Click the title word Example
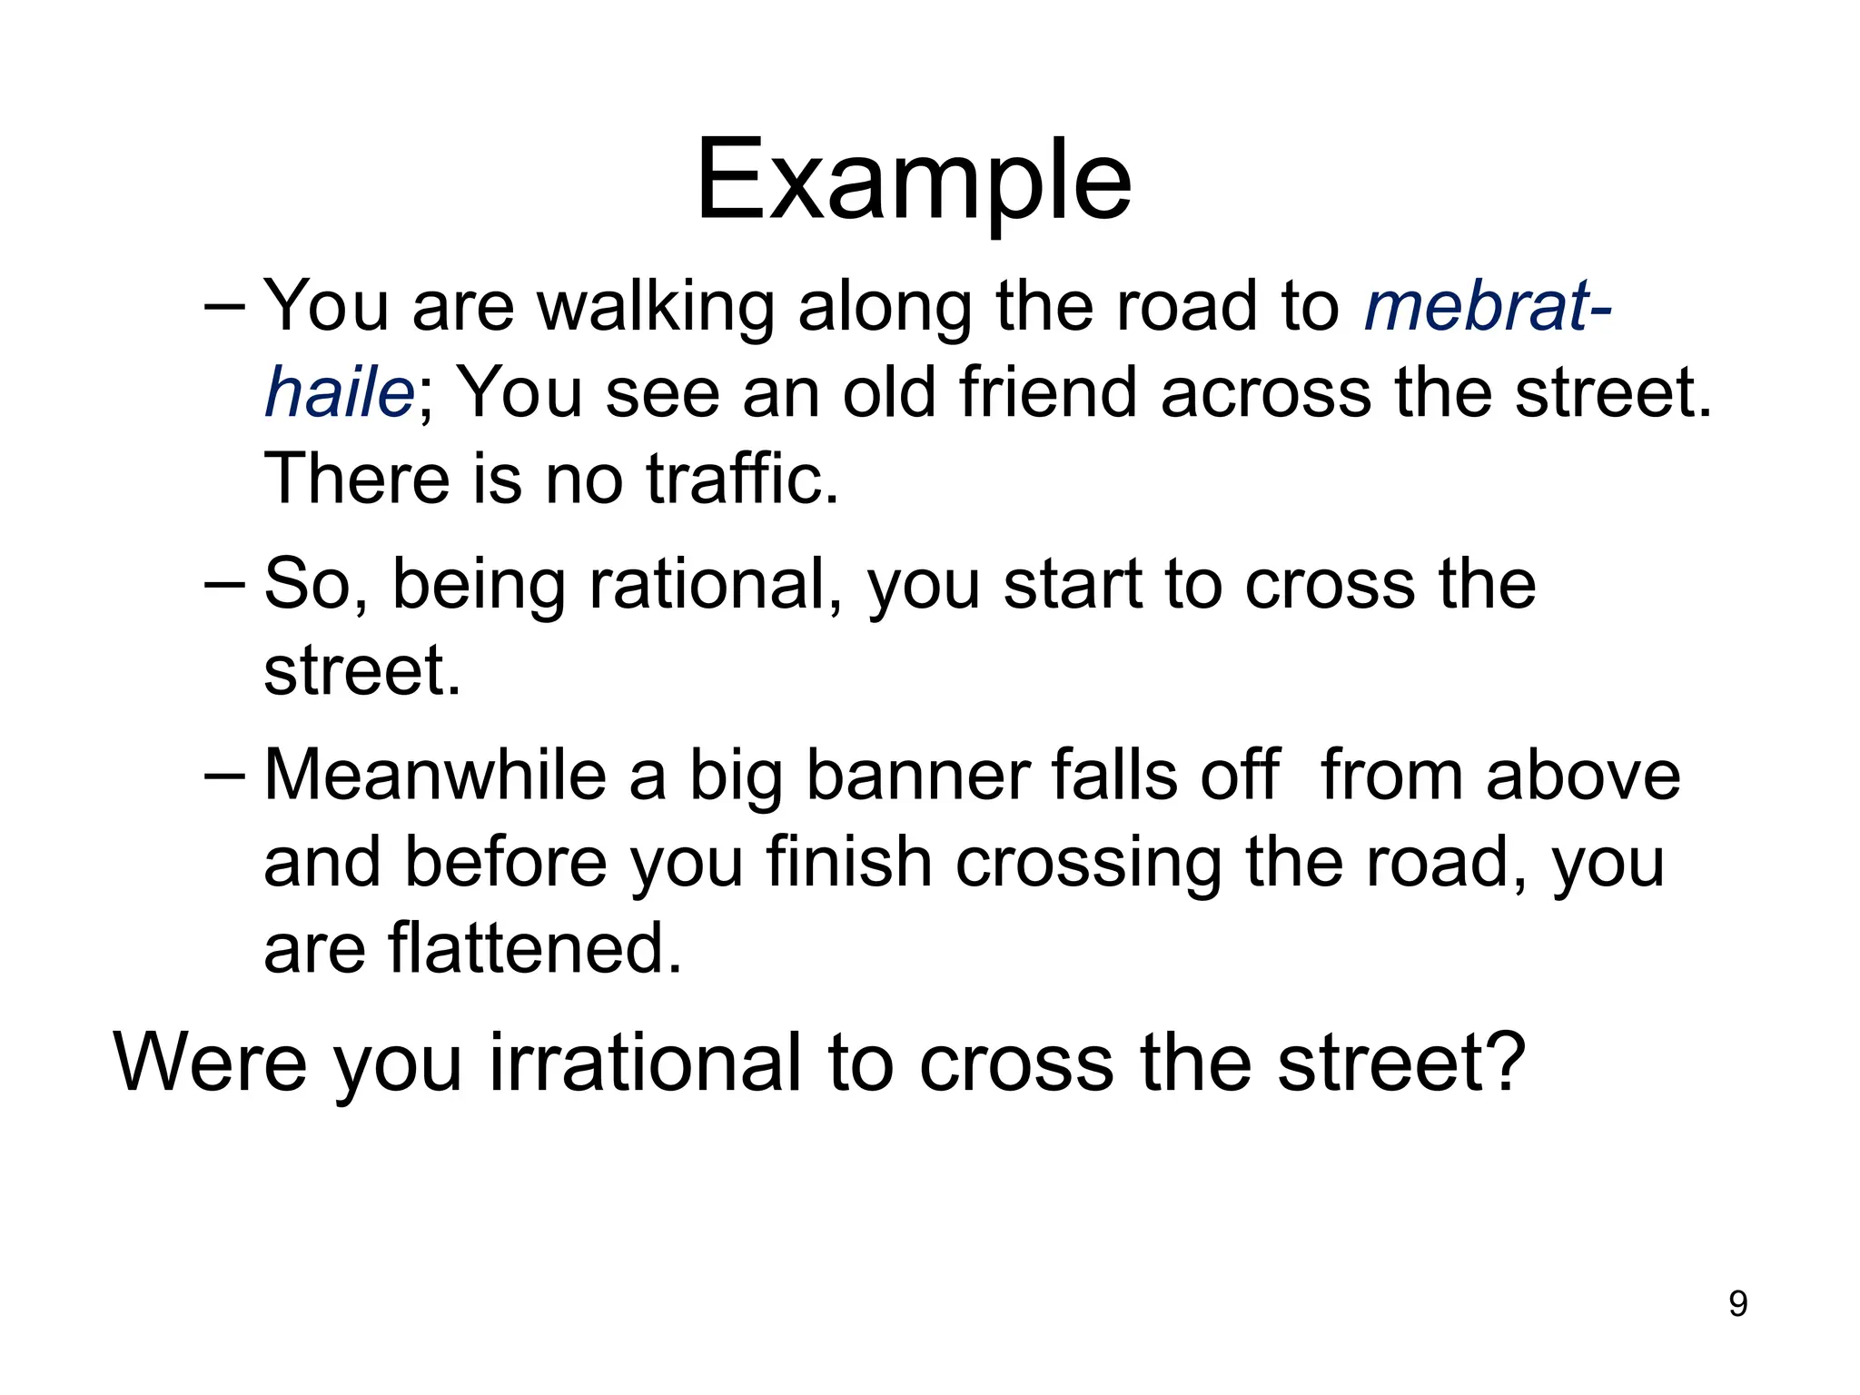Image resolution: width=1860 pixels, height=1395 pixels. (914, 182)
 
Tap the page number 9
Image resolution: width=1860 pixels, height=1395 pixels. (1737, 1304)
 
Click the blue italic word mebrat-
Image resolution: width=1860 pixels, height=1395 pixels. (1488, 307)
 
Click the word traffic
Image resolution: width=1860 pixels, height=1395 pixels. (742, 479)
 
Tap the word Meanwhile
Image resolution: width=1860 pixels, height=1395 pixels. (435, 776)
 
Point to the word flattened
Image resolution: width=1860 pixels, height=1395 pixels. (535, 948)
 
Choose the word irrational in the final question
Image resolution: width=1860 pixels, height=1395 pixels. (646, 1062)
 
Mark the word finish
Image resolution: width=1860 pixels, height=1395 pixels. (849, 862)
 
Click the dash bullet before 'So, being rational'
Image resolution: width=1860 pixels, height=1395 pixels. (224, 584)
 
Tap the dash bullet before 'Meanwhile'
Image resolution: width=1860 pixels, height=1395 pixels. (224, 776)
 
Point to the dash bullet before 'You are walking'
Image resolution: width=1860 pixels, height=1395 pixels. (224, 307)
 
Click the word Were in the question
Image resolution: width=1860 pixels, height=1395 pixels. (210, 1062)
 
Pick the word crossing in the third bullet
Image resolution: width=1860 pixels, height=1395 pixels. (1088, 862)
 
